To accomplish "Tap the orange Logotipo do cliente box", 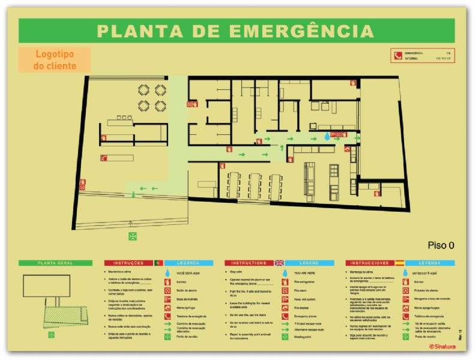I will [55, 60].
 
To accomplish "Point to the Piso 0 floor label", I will [441, 244].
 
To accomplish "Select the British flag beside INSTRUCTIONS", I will [279, 263].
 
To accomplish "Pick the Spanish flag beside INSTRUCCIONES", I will [400, 263].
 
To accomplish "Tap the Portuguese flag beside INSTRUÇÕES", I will [158, 263].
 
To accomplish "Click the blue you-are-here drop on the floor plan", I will [327, 137].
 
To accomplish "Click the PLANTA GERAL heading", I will [55, 263].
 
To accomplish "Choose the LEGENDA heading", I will [188, 263].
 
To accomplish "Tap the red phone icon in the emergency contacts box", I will [398, 56].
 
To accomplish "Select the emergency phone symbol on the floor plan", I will [103, 158].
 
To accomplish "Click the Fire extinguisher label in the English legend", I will [307, 280].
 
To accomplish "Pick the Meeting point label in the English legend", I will [304, 337].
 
